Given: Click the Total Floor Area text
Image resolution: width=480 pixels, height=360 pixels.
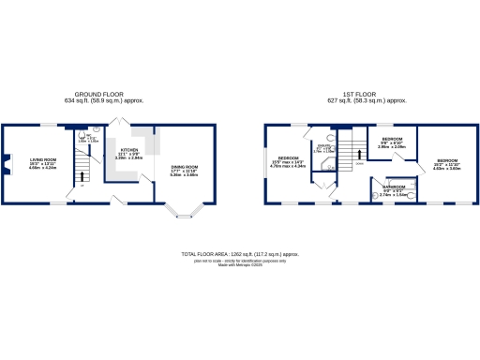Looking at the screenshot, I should pyautogui.click(x=239, y=254).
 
